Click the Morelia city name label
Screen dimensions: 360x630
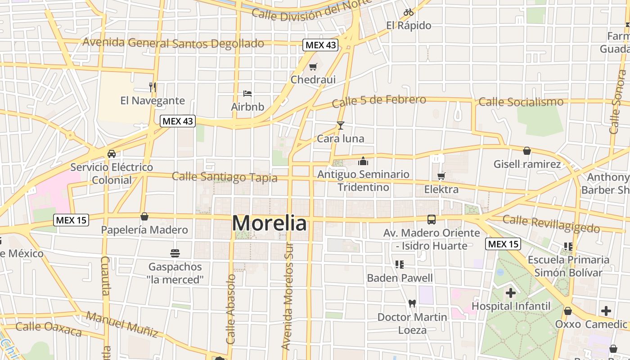click(270, 223)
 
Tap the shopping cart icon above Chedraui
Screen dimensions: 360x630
click(313, 67)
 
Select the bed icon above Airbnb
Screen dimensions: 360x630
click(247, 94)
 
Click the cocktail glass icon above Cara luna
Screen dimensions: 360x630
click(340, 125)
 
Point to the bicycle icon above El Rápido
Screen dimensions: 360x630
click(408, 12)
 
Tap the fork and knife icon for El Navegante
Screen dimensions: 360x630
click(153, 87)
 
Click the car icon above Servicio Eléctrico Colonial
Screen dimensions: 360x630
click(111, 154)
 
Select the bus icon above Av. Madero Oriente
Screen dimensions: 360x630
click(431, 220)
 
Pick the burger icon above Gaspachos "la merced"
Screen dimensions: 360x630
click(175, 253)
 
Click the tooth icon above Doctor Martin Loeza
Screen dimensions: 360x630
click(412, 303)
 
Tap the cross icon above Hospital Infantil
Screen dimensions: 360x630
click(510, 293)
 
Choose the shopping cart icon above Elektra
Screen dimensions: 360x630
click(441, 176)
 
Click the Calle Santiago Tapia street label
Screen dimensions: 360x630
click(225, 177)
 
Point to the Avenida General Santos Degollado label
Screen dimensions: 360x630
click(173, 43)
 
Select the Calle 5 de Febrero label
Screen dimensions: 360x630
click(379, 101)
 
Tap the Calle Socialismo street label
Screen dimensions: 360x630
click(521, 102)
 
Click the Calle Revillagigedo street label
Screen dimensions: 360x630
click(551, 223)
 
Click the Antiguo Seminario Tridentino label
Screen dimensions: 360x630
click(364, 180)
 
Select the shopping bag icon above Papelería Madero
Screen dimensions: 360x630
click(144, 216)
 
